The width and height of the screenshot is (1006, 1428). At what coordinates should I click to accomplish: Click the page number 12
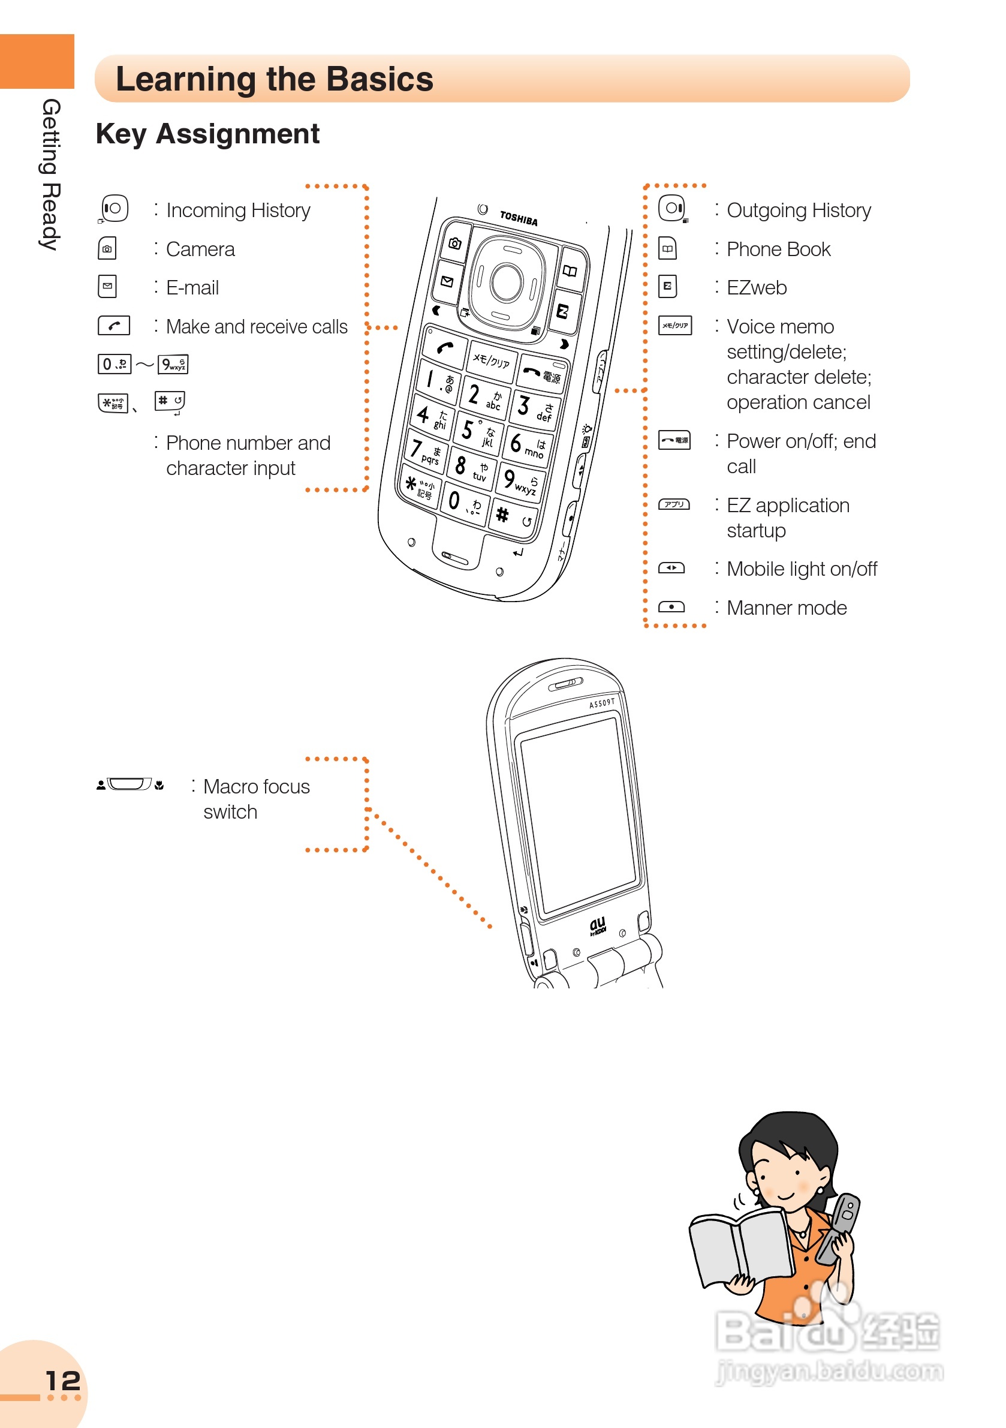(x=63, y=1381)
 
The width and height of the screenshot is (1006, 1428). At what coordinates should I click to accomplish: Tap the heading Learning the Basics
(x=274, y=80)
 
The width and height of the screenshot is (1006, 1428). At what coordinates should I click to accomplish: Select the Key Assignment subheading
(x=207, y=134)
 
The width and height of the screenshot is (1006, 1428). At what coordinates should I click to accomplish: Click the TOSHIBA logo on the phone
(x=519, y=218)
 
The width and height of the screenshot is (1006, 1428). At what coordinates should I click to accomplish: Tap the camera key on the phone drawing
(x=454, y=243)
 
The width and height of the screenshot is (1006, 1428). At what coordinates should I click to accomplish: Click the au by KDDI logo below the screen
(x=598, y=925)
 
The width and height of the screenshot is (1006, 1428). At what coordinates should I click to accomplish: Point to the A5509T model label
(x=601, y=704)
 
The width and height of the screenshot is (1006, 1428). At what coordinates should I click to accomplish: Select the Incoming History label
(x=238, y=211)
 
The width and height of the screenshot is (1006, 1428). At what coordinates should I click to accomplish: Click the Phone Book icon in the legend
(x=667, y=249)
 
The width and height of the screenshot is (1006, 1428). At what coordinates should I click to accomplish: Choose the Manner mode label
(x=787, y=608)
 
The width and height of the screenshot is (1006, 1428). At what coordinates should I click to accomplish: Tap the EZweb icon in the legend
(x=667, y=287)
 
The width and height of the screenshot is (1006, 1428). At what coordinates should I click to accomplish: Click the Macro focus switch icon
(x=129, y=784)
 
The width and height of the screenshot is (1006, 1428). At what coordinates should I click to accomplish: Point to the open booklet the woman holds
(x=740, y=1250)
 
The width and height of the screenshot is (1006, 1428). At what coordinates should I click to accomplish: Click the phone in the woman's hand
(x=840, y=1228)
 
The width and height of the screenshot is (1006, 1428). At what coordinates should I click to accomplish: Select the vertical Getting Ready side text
(x=50, y=174)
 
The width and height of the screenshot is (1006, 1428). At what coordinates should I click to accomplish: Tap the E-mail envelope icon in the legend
(x=107, y=287)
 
